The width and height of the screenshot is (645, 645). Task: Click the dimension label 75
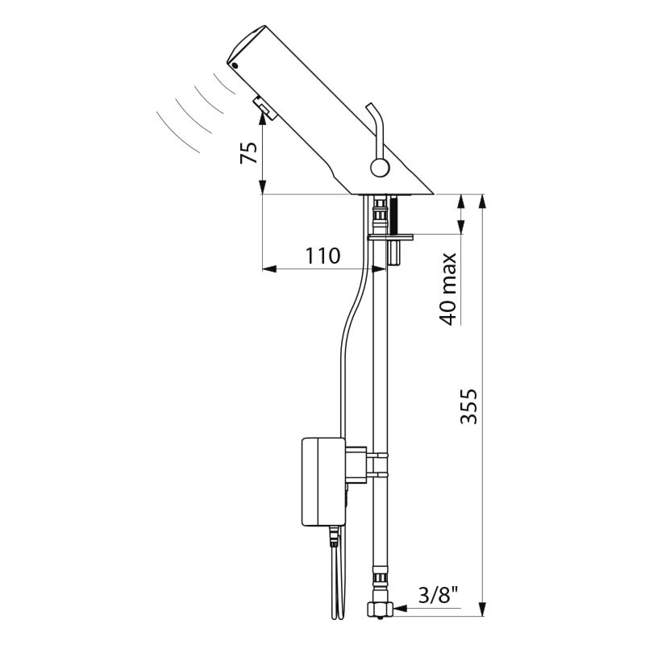(x=249, y=152)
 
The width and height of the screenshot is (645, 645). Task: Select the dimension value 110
(x=323, y=256)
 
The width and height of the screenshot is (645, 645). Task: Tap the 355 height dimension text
(x=468, y=406)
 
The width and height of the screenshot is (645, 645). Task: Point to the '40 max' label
(x=447, y=289)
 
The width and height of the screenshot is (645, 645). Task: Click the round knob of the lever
(x=380, y=169)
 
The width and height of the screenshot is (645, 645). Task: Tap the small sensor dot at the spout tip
(x=235, y=65)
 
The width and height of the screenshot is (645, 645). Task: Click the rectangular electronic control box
(x=323, y=481)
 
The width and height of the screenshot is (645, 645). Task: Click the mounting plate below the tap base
(x=390, y=237)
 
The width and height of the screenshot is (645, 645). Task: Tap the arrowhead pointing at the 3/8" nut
(x=400, y=608)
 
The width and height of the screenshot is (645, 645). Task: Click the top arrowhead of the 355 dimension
(x=483, y=201)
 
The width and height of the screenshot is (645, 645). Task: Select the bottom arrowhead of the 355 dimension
(x=483, y=609)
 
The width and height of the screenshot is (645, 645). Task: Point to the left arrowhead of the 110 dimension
(x=269, y=269)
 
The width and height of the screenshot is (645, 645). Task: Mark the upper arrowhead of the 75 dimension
(x=263, y=119)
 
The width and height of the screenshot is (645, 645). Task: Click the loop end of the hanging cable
(x=338, y=614)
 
